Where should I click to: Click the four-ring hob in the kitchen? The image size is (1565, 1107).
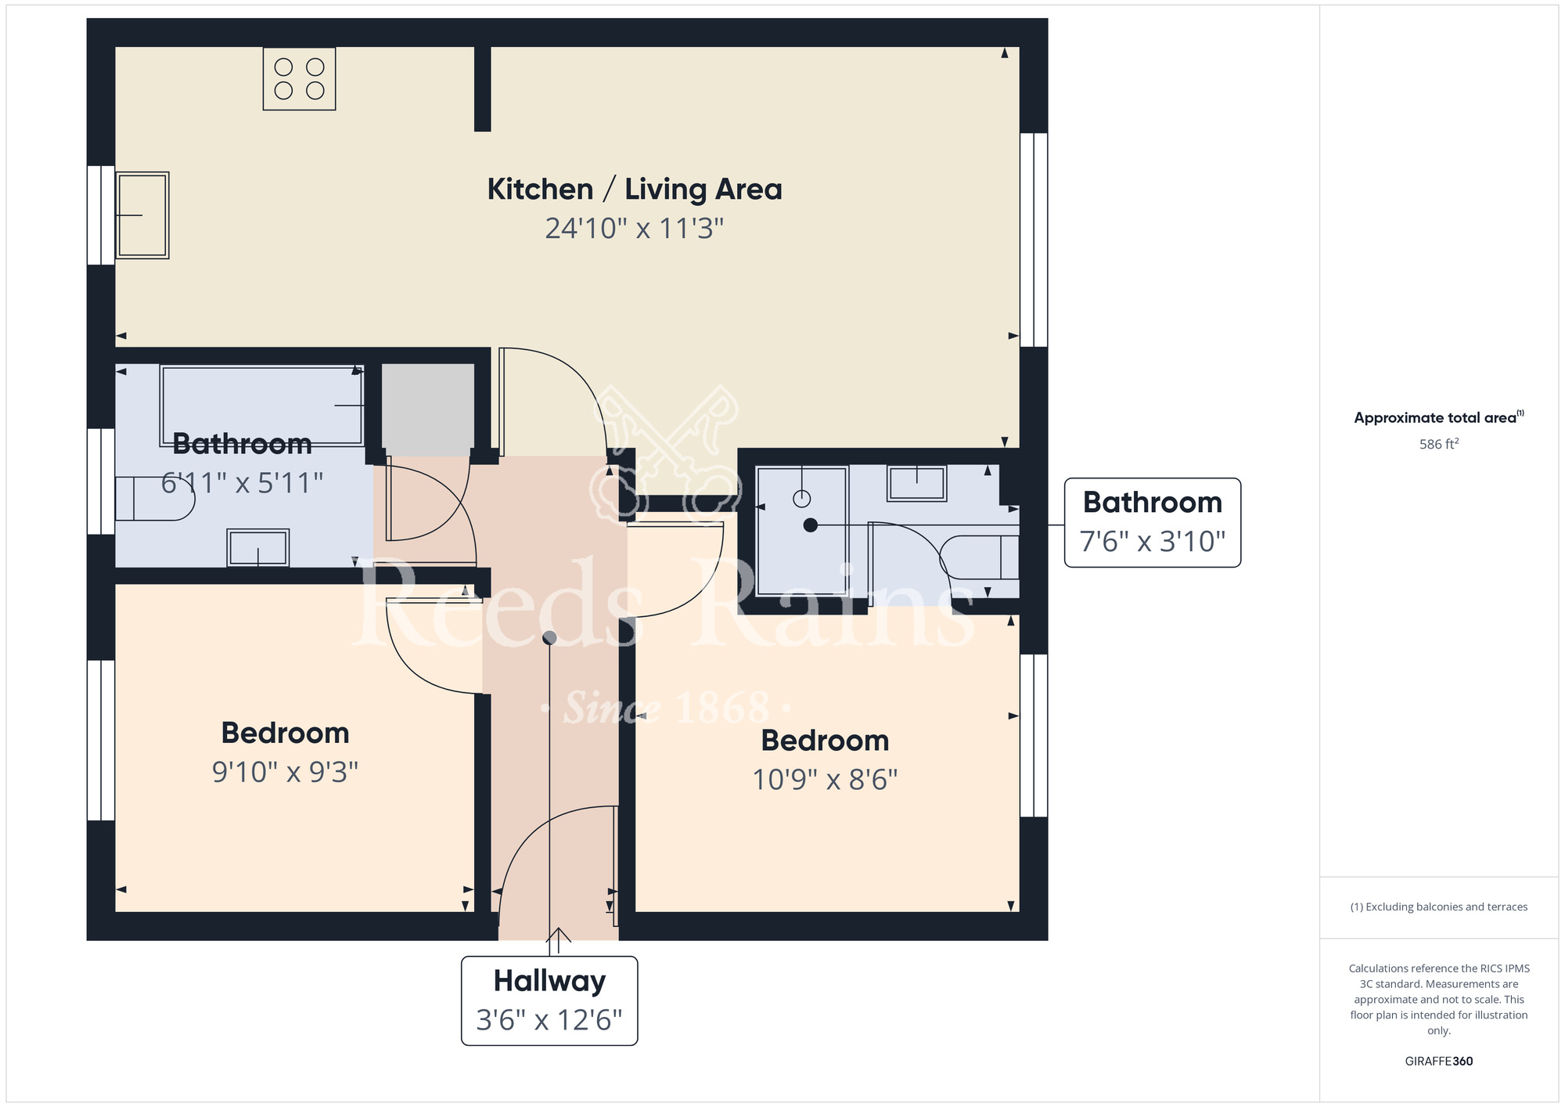pyautogui.click(x=299, y=78)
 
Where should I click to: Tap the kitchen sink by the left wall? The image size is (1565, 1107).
pyautogui.click(x=142, y=215)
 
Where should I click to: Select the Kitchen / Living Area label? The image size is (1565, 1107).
pyautogui.click(x=634, y=189)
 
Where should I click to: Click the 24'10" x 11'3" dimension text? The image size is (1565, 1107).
pyautogui.click(x=634, y=229)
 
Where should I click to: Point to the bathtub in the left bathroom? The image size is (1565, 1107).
pyautogui.click(x=262, y=405)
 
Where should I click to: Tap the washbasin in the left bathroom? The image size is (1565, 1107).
pyautogui.click(x=257, y=547)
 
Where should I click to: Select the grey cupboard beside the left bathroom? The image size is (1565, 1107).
pyautogui.click(x=427, y=409)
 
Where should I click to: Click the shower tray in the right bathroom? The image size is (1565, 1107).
pyautogui.click(x=801, y=531)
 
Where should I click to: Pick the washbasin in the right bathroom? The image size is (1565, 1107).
pyautogui.click(x=916, y=482)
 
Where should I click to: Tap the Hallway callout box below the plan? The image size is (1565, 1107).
pyautogui.click(x=549, y=1001)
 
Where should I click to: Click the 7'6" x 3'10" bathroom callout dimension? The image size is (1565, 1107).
pyautogui.click(x=1152, y=542)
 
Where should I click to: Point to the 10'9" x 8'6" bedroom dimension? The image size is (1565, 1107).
pyautogui.click(x=825, y=780)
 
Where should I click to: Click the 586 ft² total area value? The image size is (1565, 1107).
pyautogui.click(x=1438, y=444)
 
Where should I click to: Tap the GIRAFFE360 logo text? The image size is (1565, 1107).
pyautogui.click(x=1438, y=1062)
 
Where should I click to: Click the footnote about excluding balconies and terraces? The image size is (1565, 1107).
pyautogui.click(x=1438, y=907)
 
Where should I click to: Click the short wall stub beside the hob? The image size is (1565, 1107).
pyautogui.click(x=483, y=88)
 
